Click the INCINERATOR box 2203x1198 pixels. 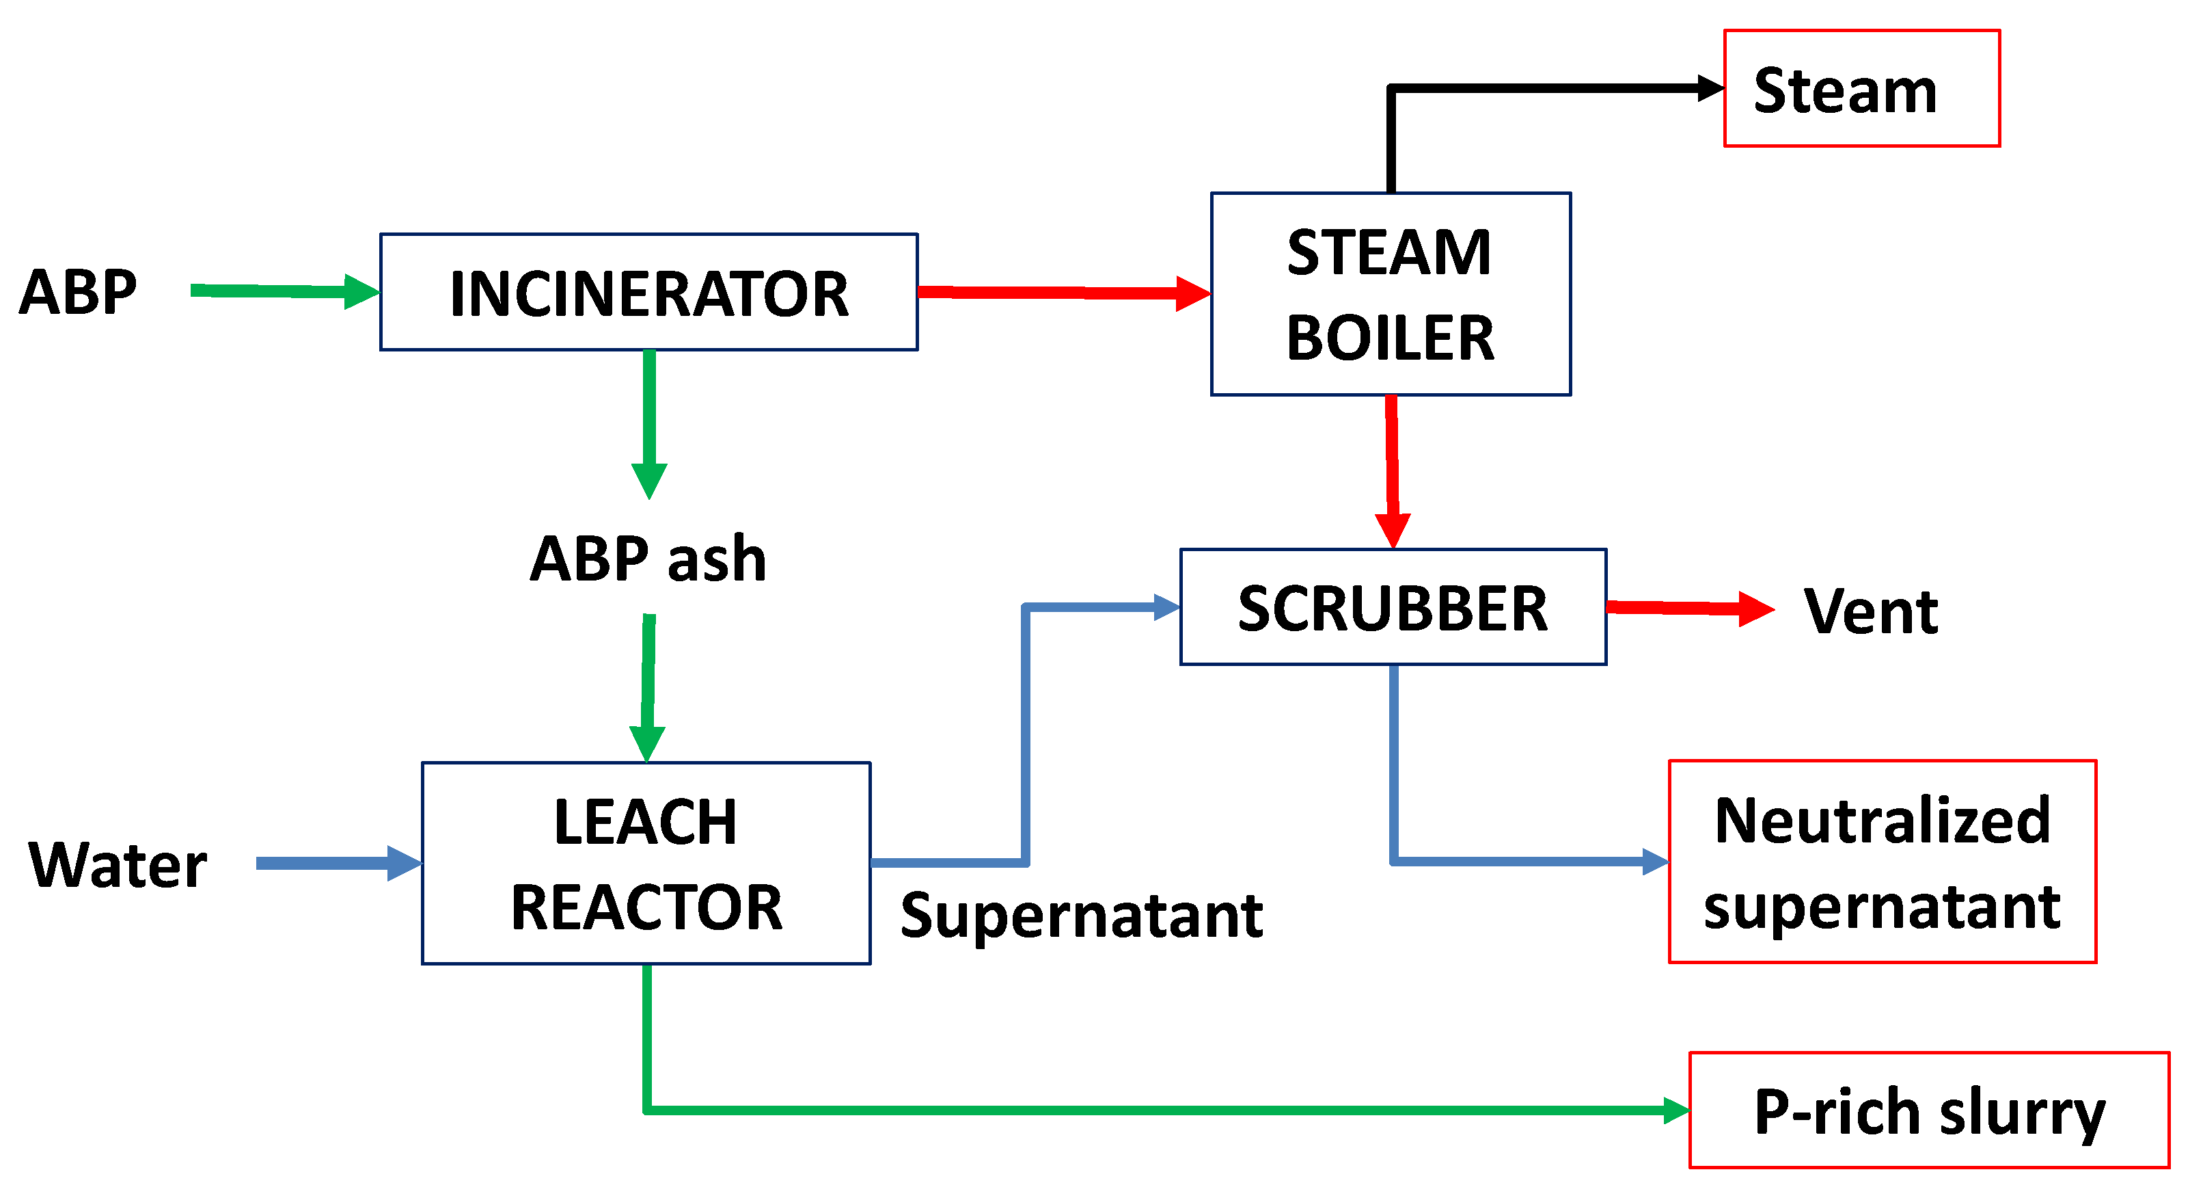[649, 292]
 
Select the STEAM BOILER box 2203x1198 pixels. [1391, 293]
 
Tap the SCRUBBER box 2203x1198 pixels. [1393, 607]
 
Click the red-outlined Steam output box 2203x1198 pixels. [1862, 88]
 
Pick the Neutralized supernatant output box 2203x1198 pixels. [1883, 862]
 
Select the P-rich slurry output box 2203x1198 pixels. [1930, 1110]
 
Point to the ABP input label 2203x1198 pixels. [78, 292]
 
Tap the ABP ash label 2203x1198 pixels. [648, 559]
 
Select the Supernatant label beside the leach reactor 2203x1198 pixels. [1082, 915]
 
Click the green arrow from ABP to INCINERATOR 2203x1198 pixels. [285, 291]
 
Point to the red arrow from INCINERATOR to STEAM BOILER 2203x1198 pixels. [1065, 293]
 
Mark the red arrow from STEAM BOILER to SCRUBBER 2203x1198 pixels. [1393, 472]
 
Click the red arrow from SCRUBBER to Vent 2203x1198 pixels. [1691, 609]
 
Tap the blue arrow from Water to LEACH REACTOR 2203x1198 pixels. [339, 864]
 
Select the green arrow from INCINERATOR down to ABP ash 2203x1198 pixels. [649, 425]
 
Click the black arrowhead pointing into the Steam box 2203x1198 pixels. [1710, 88]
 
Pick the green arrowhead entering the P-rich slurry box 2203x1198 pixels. [1676, 1110]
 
